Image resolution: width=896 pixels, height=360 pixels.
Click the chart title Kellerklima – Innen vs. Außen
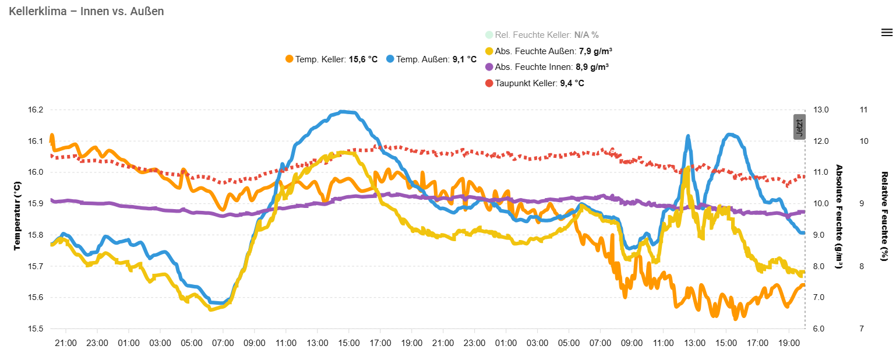pos(86,11)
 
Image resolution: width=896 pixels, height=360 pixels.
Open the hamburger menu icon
pos(887,33)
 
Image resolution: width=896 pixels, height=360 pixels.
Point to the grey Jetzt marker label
pos(799,127)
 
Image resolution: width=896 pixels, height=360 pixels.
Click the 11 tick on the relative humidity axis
pos(864,110)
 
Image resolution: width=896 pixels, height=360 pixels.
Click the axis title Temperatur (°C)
pos(17,216)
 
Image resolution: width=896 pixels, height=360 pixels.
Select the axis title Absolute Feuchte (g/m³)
pos(839,216)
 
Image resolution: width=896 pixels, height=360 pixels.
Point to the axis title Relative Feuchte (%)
pos(884,216)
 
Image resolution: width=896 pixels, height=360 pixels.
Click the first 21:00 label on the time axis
pos(66,343)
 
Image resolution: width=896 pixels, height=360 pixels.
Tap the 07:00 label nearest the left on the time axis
pos(223,343)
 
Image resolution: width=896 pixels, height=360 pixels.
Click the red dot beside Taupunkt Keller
pos(489,83)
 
